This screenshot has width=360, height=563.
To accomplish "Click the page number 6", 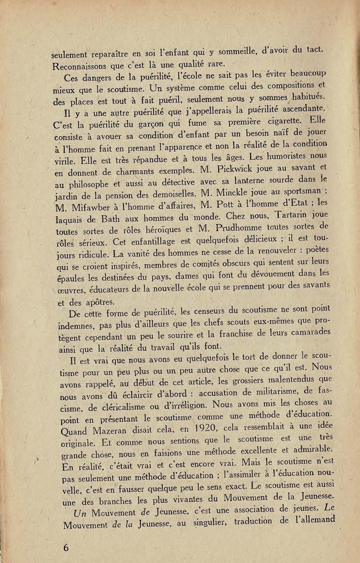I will [66, 547].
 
